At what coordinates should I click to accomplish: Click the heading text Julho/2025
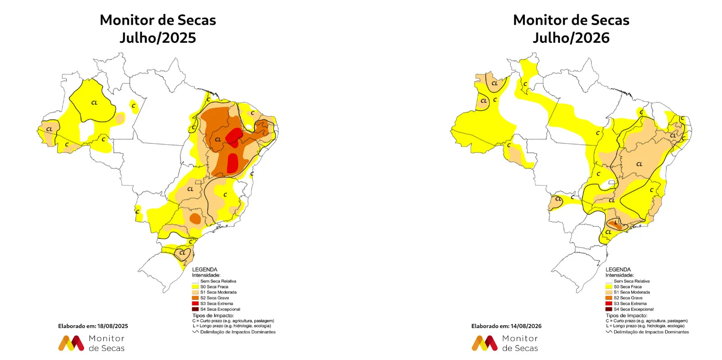coord(157,38)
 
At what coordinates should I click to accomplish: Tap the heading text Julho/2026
coord(571,38)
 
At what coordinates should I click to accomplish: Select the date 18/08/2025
coord(113,326)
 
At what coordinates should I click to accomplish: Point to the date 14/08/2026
coord(526,326)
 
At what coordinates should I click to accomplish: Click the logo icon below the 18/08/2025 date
coord(71,343)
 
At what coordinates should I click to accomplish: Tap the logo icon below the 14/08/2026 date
coord(485,343)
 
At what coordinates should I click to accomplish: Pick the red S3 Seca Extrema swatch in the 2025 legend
coord(195,304)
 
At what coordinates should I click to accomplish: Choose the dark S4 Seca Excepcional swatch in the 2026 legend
coord(609,309)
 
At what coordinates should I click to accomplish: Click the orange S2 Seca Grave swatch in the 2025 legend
coord(195,298)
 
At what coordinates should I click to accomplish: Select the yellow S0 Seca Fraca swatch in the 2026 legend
coord(609,287)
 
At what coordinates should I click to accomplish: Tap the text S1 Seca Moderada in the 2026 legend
coord(632,292)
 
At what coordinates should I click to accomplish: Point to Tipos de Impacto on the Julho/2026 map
coord(626,315)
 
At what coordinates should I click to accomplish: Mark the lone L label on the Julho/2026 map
coord(616,222)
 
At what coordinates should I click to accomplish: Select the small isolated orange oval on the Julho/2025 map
coord(195,219)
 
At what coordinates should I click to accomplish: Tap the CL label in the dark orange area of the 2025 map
coord(218,139)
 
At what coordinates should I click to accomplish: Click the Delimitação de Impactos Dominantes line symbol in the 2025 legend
coord(195,332)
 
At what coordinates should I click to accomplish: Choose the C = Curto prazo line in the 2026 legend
coord(647,321)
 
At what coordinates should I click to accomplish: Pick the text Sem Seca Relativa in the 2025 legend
coord(218,282)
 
